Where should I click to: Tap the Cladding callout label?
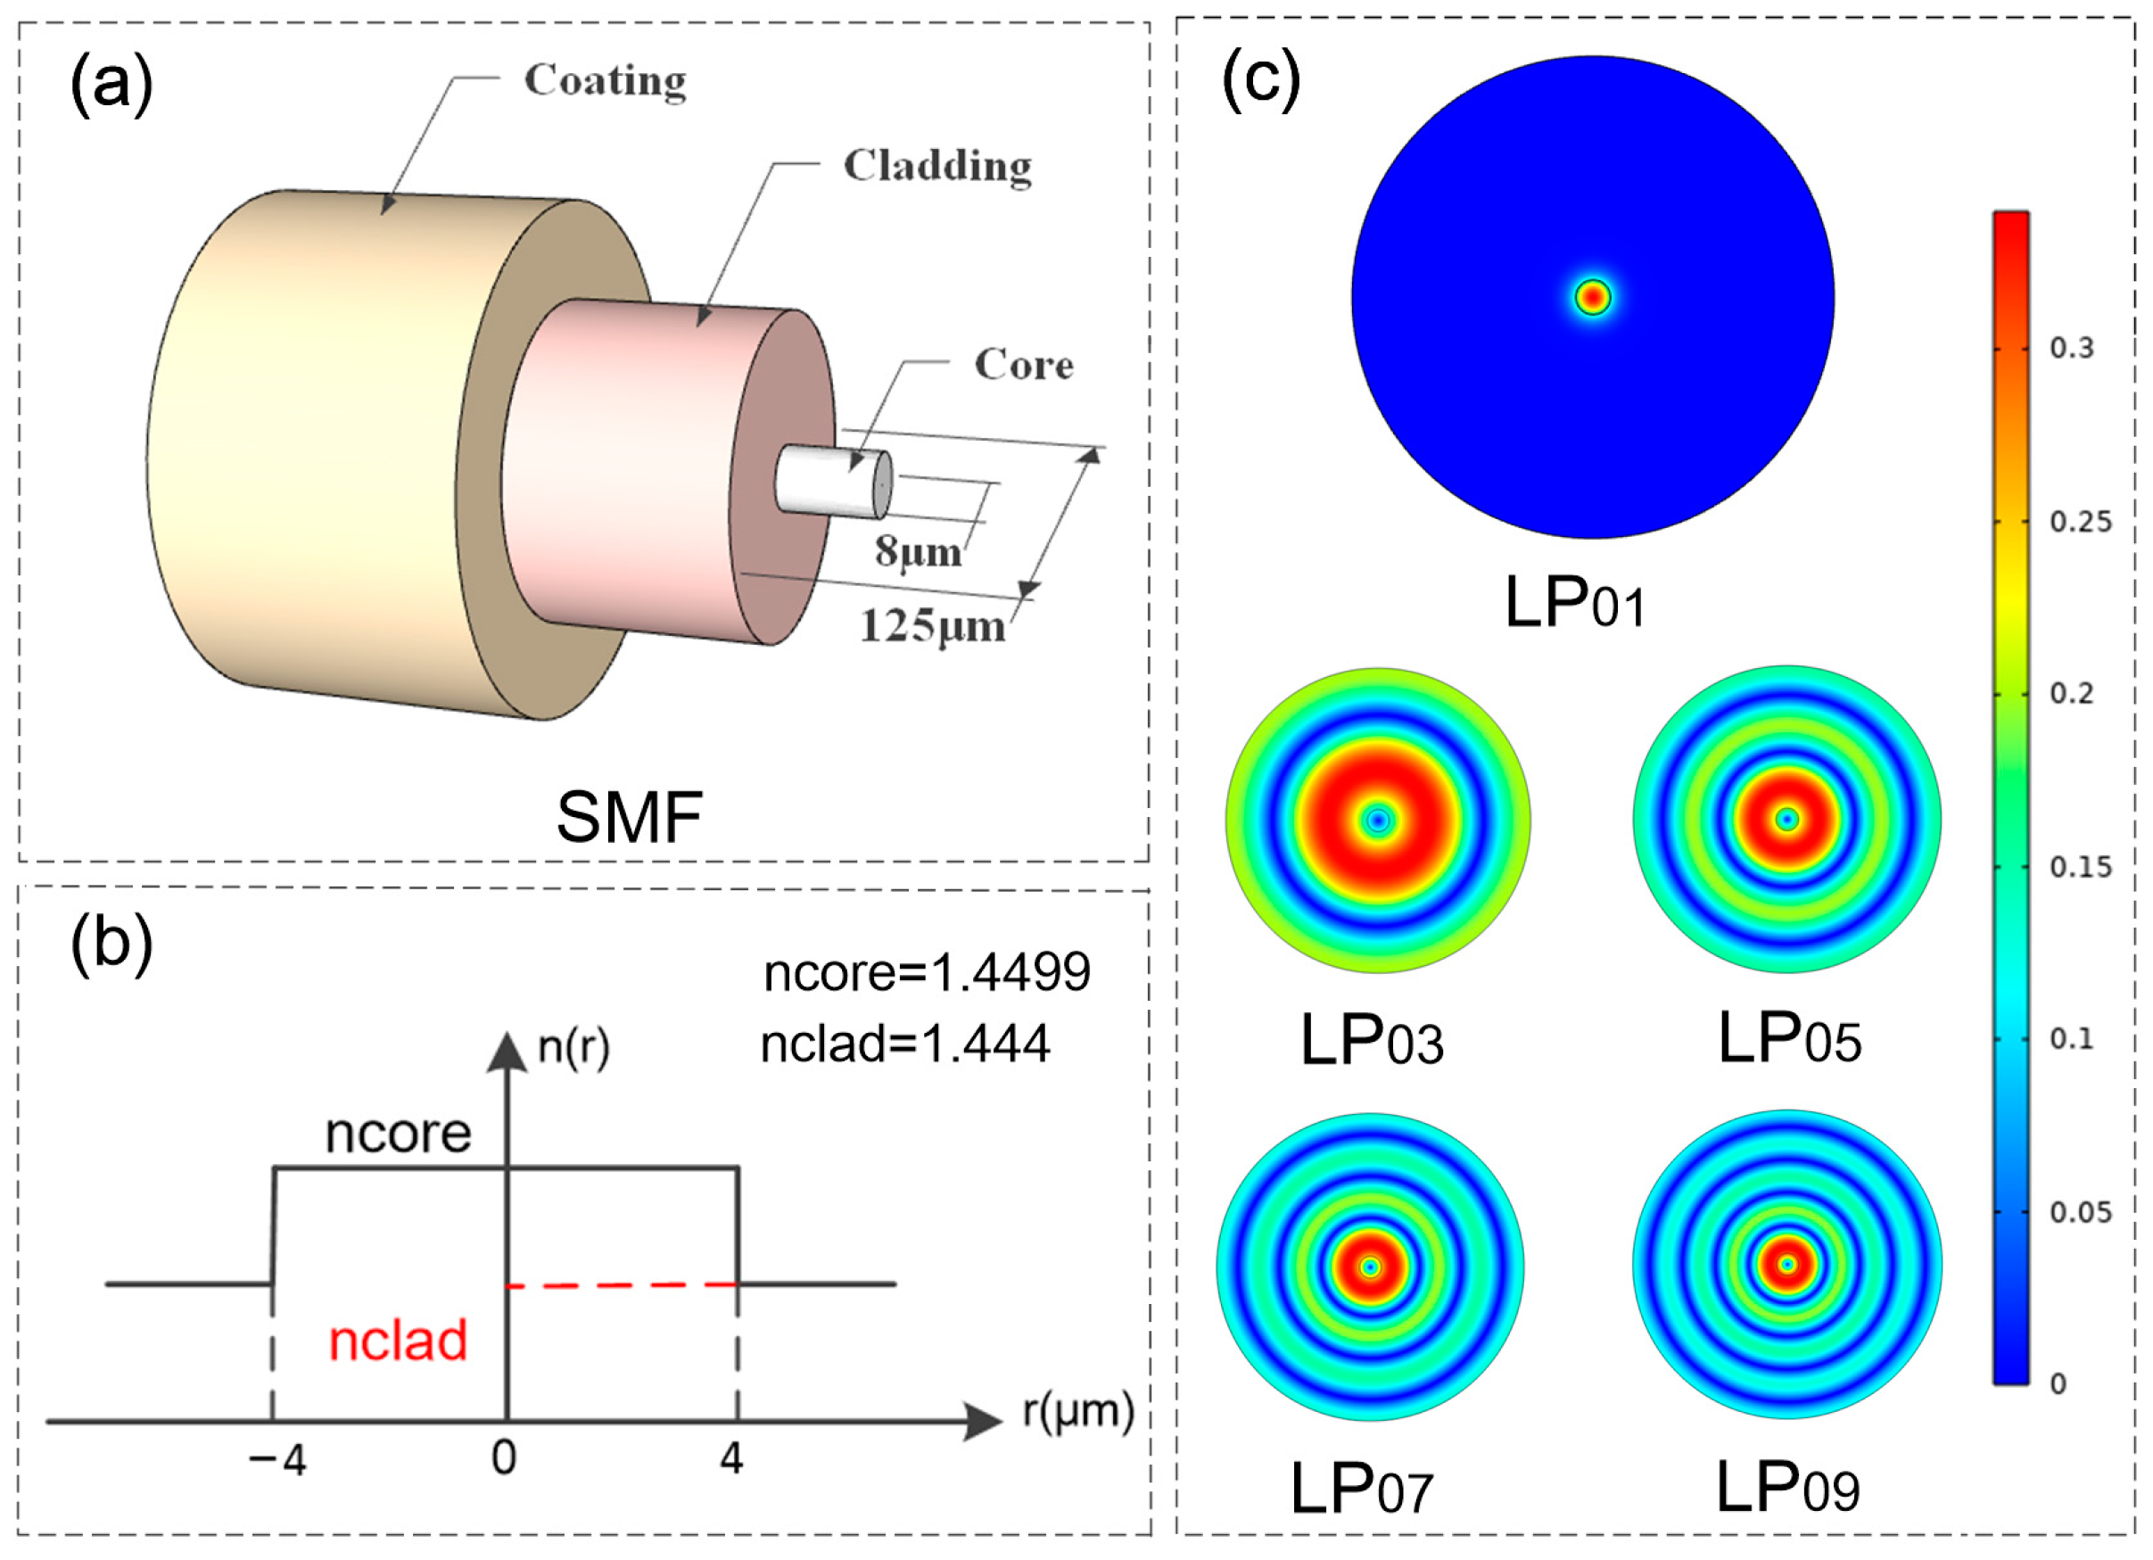[x=937, y=167]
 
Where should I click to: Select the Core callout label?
[x=1023, y=366]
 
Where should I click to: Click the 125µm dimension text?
[x=931, y=628]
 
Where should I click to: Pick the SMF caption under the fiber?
[x=629, y=818]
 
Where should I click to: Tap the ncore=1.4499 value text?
[x=927, y=972]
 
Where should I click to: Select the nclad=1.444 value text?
[x=904, y=1044]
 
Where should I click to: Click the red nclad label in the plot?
[x=398, y=1341]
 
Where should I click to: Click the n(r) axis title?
[x=573, y=1048]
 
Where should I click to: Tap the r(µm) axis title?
[x=1078, y=1412]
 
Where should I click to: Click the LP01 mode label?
[x=1574, y=604]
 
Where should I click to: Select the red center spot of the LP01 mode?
[x=1593, y=298]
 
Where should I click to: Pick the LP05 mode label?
[x=1788, y=1040]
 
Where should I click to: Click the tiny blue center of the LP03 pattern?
[x=1378, y=821]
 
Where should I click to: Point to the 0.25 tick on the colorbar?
[x=2080, y=522]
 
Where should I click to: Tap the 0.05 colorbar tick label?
[x=2080, y=1212]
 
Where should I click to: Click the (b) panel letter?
[x=111, y=945]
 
